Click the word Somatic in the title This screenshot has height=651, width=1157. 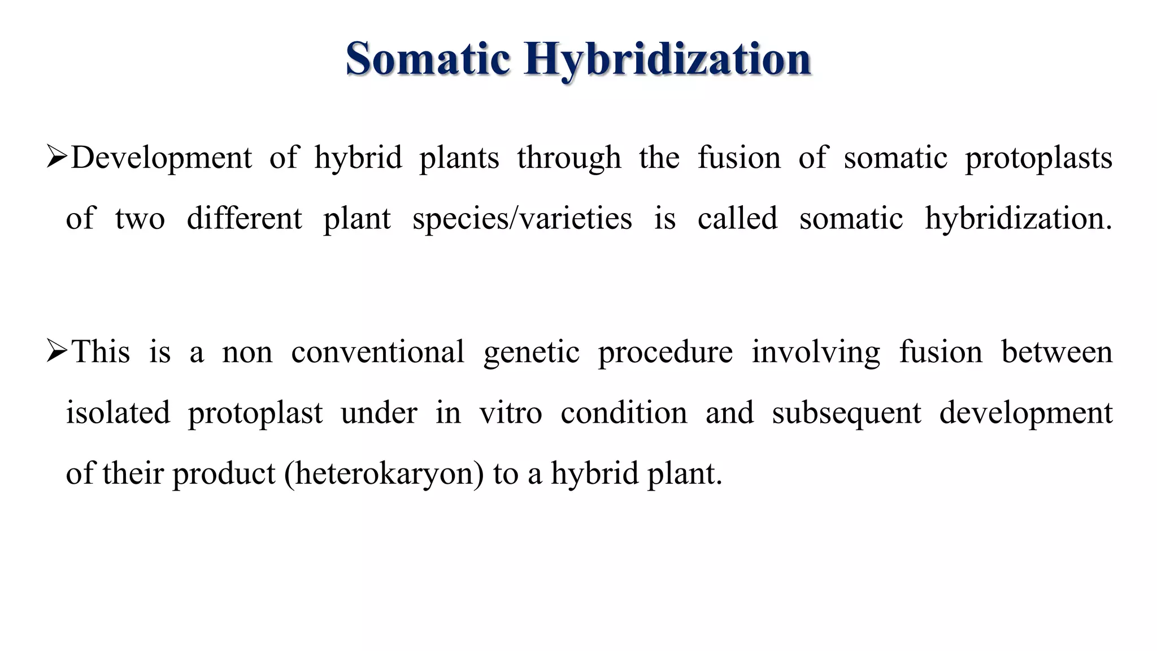pos(428,59)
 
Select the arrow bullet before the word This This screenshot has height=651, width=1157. pos(57,351)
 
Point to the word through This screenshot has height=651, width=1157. pos(569,158)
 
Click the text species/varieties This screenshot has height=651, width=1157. pos(522,219)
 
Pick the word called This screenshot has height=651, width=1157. pos(737,218)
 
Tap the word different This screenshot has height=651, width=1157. pos(244,218)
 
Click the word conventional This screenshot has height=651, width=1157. pos(377,351)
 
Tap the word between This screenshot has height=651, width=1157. pos(1056,351)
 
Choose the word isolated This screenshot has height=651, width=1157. pos(118,413)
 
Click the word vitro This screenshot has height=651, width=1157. pos(511,413)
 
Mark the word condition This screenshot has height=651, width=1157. pos(624,413)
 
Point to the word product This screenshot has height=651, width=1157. pos(224,474)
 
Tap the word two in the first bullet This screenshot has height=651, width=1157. pos(140,219)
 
